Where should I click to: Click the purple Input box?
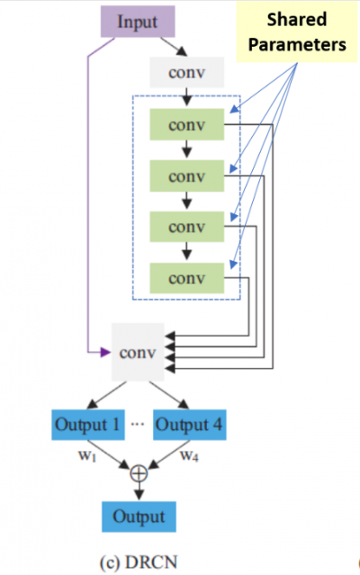(138, 22)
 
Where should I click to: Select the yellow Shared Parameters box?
(297, 31)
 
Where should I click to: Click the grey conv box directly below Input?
(187, 72)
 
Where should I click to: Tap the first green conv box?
(187, 124)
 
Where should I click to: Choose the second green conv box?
(187, 176)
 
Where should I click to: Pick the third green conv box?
(187, 227)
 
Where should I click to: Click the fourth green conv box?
(187, 278)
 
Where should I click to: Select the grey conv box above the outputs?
(138, 352)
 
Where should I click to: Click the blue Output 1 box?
(88, 425)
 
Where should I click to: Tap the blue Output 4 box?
(190, 425)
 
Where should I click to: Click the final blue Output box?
(139, 517)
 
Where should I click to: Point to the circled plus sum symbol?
(139, 473)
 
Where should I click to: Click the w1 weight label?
(87, 456)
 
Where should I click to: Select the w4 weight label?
(189, 456)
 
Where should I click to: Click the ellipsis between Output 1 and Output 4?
(138, 425)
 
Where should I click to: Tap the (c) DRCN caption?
(139, 562)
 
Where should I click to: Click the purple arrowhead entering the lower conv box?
(105, 353)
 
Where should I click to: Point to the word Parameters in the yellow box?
(297, 45)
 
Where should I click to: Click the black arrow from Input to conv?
(174, 47)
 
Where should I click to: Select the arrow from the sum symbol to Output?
(139, 490)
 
